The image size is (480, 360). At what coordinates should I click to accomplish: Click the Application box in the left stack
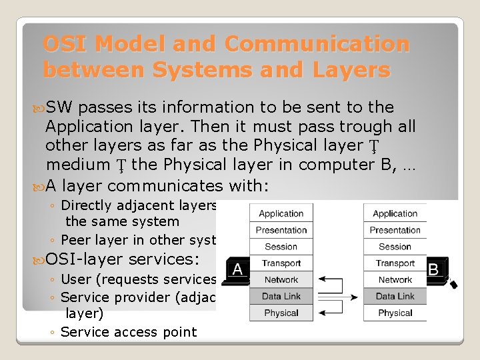coord(281,213)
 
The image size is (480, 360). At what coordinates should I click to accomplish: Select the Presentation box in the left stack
coord(281,230)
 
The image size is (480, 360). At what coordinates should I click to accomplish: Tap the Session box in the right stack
coord(395,247)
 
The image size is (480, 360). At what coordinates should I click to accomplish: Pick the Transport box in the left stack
coord(281,263)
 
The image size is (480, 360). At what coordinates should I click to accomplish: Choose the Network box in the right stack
coord(395,280)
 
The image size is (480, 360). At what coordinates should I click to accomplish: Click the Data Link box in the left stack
coord(281,296)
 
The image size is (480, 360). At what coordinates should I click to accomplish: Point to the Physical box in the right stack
coord(395,313)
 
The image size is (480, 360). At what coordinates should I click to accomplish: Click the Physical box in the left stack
coord(281,313)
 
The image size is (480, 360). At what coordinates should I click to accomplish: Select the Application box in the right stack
coord(395,213)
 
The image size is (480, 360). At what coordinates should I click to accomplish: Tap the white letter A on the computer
coord(239,269)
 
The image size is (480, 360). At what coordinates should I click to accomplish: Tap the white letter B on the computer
coord(433,269)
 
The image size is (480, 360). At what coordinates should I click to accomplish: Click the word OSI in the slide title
coord(65,44)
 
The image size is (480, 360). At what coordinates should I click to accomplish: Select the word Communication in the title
coord(317,44)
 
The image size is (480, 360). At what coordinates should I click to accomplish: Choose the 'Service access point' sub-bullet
coord(129,331)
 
